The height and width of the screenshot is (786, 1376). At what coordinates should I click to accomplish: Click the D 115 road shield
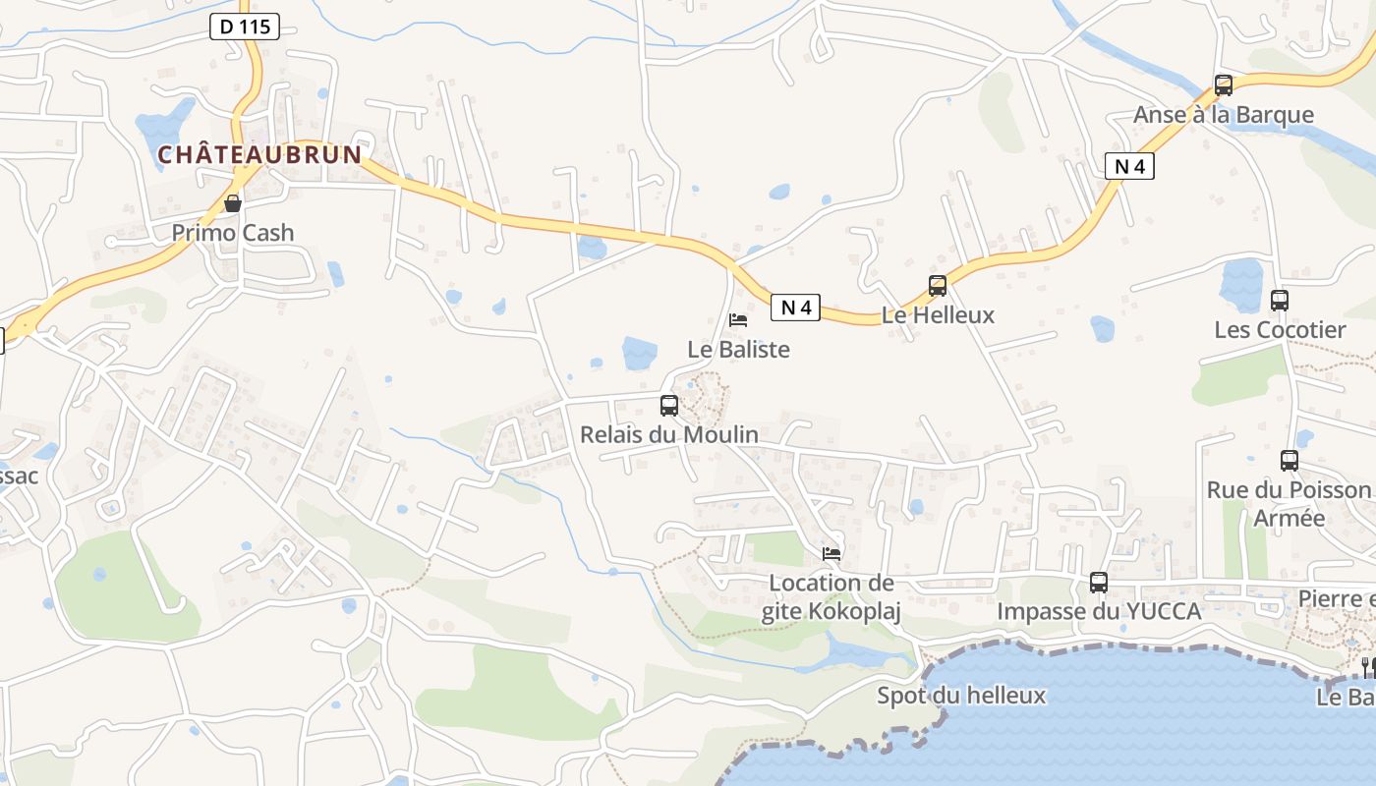245,27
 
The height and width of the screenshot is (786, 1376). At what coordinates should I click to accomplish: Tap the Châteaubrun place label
260,155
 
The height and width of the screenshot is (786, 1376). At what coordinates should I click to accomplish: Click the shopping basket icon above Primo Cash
233,204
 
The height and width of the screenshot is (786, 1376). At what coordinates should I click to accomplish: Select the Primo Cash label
233,233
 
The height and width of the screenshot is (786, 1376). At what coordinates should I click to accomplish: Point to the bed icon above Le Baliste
738,320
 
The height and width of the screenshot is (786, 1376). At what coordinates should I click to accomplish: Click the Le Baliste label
738,349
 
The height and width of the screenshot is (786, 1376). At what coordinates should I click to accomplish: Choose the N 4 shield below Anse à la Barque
1129,166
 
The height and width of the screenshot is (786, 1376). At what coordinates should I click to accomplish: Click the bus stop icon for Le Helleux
938,286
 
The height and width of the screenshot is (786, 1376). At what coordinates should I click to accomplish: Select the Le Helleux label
938,315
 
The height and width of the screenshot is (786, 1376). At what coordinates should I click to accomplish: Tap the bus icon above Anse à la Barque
1224,85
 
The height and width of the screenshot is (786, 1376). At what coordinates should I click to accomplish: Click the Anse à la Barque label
1224,115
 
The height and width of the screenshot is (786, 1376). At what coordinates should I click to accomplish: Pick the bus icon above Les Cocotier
1280,301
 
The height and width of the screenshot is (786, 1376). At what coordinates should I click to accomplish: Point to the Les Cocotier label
1280,329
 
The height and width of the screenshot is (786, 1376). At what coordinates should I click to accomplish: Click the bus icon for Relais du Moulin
669,405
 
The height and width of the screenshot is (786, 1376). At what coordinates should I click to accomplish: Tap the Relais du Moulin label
669,434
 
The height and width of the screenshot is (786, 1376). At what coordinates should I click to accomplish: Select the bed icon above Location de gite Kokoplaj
831,554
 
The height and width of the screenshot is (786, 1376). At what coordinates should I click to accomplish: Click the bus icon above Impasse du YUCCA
1099,583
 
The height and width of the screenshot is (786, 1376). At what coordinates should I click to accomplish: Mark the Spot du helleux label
961,696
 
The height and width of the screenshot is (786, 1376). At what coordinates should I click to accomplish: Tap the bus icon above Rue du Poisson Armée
1290,460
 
